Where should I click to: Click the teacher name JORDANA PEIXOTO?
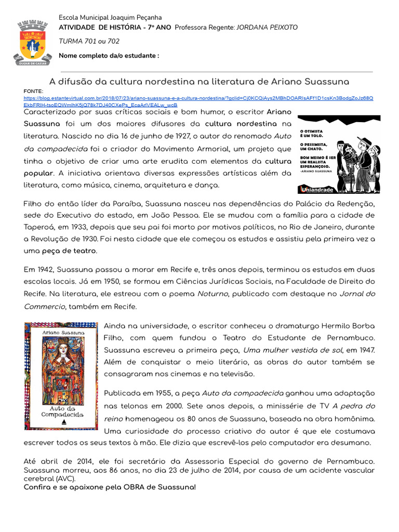point(269,27)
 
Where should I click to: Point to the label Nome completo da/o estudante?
point(109,56)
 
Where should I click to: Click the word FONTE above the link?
point(33,91)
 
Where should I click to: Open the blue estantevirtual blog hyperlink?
point(197,98)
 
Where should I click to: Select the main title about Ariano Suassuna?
point(199,82)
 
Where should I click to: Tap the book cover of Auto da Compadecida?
point(61,376)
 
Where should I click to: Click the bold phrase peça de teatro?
point(71,251)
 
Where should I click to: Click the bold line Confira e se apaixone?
point(110,487)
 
